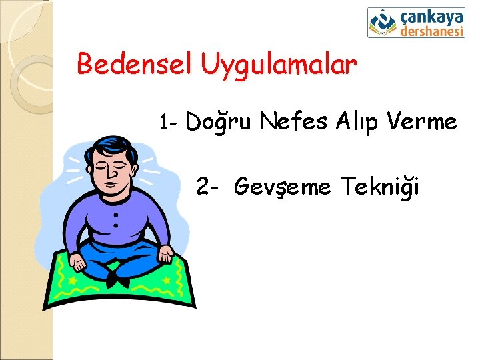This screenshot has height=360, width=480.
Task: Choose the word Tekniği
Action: pyautogui.click(x=380, y=187)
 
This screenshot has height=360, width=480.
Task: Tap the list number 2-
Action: pyautogui.click(x=209, y=187)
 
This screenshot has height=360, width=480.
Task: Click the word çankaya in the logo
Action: pyautogui.click(x=433, y=16)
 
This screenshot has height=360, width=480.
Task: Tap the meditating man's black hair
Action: pyautogui.click(x=114, y=144)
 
